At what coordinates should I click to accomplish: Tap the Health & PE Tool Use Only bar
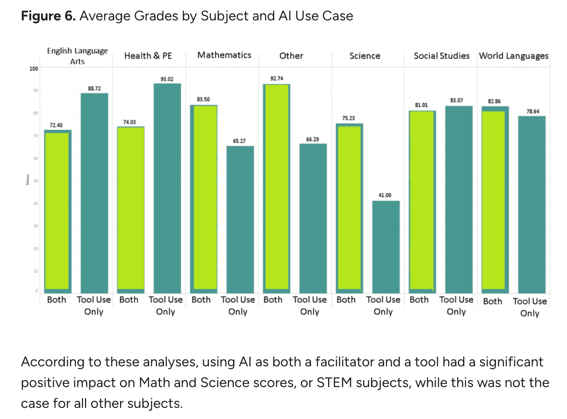(167, 188)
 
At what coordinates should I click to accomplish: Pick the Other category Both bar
(276, 188)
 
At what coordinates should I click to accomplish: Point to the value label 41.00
(385, 195)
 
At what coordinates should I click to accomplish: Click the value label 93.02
(167, 79)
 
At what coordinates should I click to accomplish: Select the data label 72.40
(56, 125)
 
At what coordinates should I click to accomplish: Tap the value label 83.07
(457, 100)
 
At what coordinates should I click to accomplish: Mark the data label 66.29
(312, 139)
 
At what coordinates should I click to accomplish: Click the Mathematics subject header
(224, 55)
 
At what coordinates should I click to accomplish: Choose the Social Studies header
(442, 56)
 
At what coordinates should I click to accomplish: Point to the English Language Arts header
(77, 56)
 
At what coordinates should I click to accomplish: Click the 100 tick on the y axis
(34, 69)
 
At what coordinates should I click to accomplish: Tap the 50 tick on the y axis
(36, 181)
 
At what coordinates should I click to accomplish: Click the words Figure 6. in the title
(48, 16)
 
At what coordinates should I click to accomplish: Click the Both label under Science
(346, 300)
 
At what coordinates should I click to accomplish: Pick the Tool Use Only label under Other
(310, 305)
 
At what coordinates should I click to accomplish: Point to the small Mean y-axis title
(28, 180)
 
